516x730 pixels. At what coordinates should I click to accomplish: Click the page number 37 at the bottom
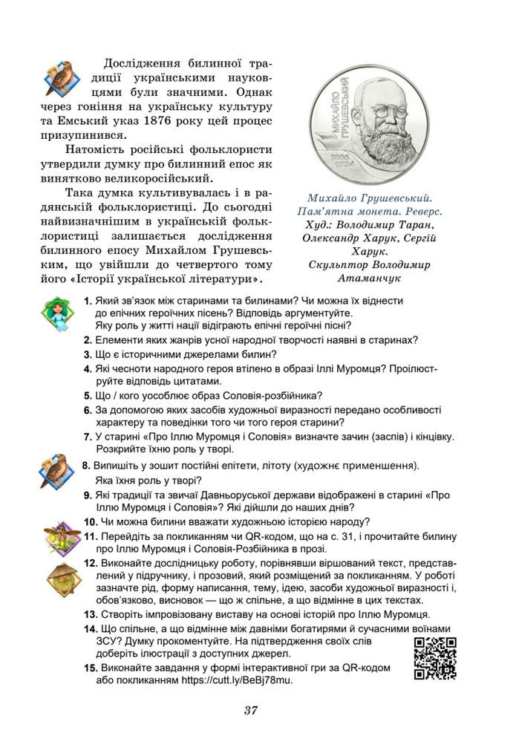click(250, 710)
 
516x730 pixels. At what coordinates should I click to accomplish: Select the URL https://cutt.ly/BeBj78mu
click(235, 679)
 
